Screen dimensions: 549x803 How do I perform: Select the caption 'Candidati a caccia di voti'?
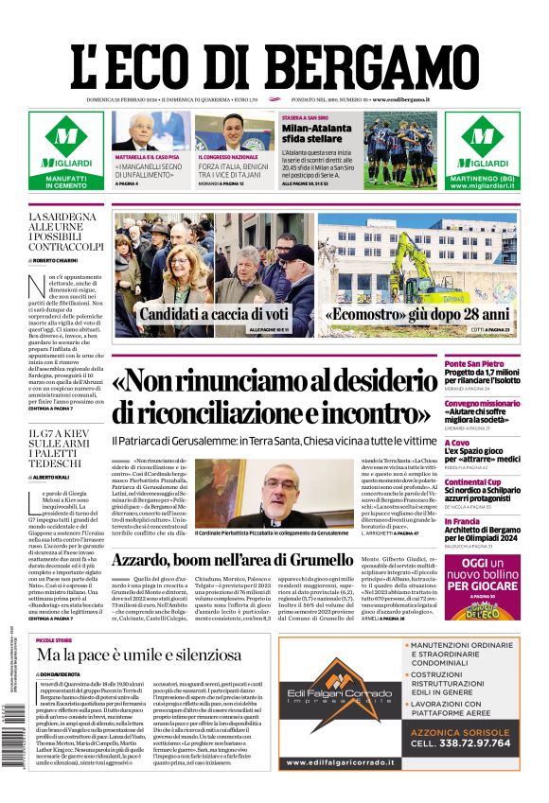213,314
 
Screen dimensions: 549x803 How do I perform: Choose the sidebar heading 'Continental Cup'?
499,482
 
